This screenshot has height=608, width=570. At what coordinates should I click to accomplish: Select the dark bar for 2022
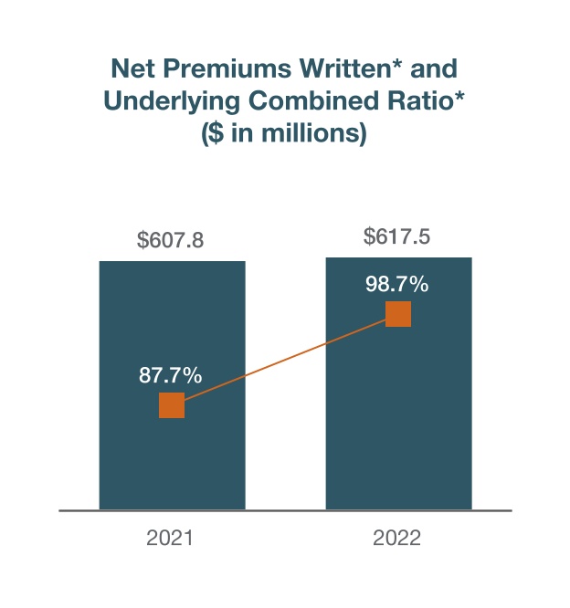398,438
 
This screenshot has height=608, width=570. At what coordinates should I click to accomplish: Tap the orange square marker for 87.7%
172,405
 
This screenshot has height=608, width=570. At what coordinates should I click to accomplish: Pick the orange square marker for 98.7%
398,314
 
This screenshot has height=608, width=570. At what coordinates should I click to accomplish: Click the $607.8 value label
170,241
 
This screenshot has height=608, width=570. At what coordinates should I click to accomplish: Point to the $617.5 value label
397,237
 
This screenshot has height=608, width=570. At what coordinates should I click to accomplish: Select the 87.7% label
170,374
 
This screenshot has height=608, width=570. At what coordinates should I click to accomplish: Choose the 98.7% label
396,285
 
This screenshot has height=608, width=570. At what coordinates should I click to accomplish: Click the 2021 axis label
170,539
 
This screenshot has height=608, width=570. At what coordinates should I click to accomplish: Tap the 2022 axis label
396,539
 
